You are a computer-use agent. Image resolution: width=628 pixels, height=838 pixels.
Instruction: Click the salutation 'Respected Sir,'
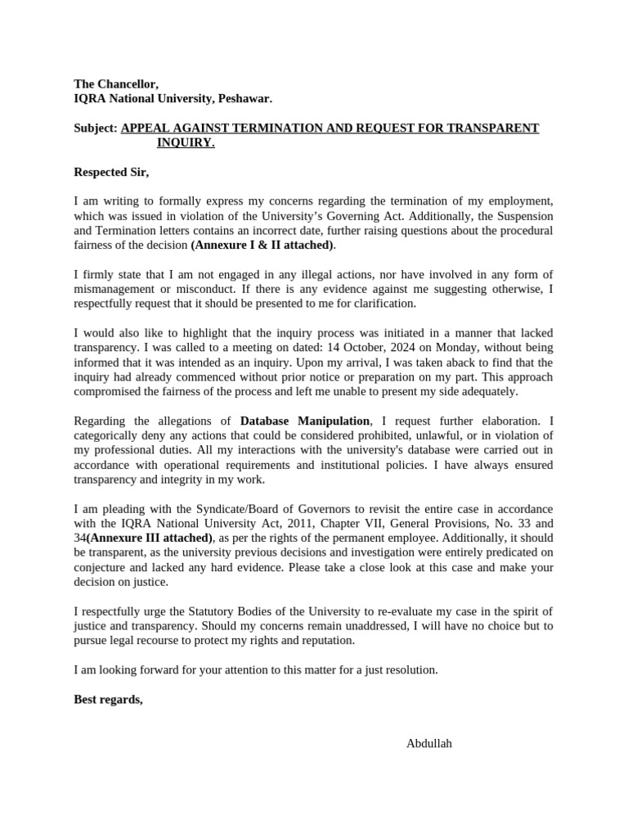(x=111, y=173)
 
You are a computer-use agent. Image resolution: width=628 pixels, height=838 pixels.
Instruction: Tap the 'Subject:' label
(x=96, y=128)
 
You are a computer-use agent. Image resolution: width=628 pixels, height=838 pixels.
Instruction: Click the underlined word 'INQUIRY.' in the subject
(x=186, y=143)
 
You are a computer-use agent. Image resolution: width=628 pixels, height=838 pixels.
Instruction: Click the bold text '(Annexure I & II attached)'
(x=262, y=245)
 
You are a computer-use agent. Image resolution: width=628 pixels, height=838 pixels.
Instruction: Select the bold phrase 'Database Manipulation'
(x=305, y=421)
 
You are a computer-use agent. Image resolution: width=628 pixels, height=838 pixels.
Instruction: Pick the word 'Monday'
(x=414, y=347)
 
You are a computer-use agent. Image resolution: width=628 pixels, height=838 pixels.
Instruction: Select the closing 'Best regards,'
(x=108, y=699)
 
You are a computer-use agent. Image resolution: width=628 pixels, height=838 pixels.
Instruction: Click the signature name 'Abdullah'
(x=428, y=743)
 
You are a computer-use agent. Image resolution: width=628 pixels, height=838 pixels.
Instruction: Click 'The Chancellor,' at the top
(x=116, y=84)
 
